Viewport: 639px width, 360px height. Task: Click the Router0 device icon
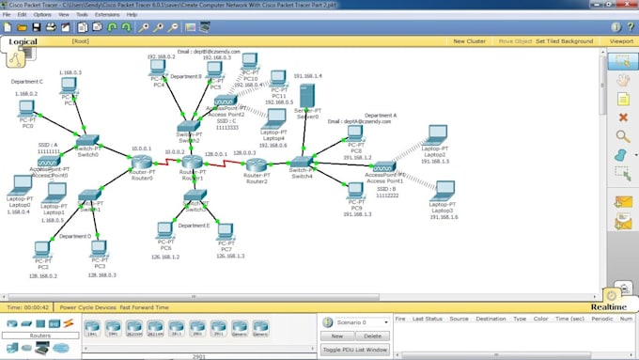(142, 164)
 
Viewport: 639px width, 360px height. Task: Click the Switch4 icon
(301, 164)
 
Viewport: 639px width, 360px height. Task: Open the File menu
(8, 15)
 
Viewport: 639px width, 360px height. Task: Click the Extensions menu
(107, 15)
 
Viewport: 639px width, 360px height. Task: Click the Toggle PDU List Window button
(354, 349)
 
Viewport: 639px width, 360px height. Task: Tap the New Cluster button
(469, 41)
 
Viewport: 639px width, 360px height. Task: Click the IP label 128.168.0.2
(42, 276)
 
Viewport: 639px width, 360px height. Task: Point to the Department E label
(194, 226)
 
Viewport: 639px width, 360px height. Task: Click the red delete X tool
(621, 117)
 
